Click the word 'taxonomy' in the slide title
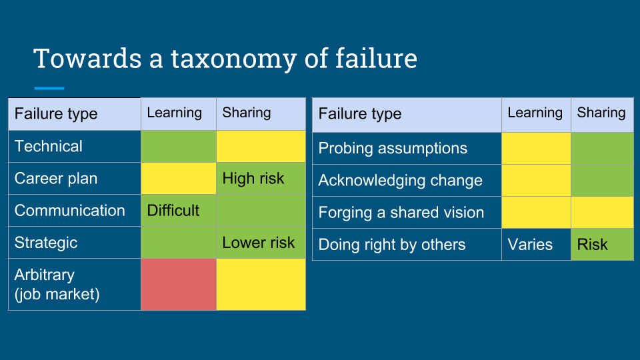pos(233,59)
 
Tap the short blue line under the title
pos(49,88)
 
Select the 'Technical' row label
pos(49,146)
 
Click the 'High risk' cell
pos(261,179)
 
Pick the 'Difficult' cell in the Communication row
pos(179,211)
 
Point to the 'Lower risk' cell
pos(261,243)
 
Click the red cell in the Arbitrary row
pos(179,285)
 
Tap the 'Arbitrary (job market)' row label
pos(57,285)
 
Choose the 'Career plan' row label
pos(56,179)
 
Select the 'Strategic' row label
pos(46,243)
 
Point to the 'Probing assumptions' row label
pos(393,148)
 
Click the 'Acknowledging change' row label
pos(401,181)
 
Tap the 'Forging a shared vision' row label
pos(401,212)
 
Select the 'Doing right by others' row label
pos(392,245)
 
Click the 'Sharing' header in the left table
pos(247,113)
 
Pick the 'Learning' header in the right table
pos(535,113)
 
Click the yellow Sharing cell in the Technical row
pos(261,146)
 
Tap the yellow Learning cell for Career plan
pos(179,179)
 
